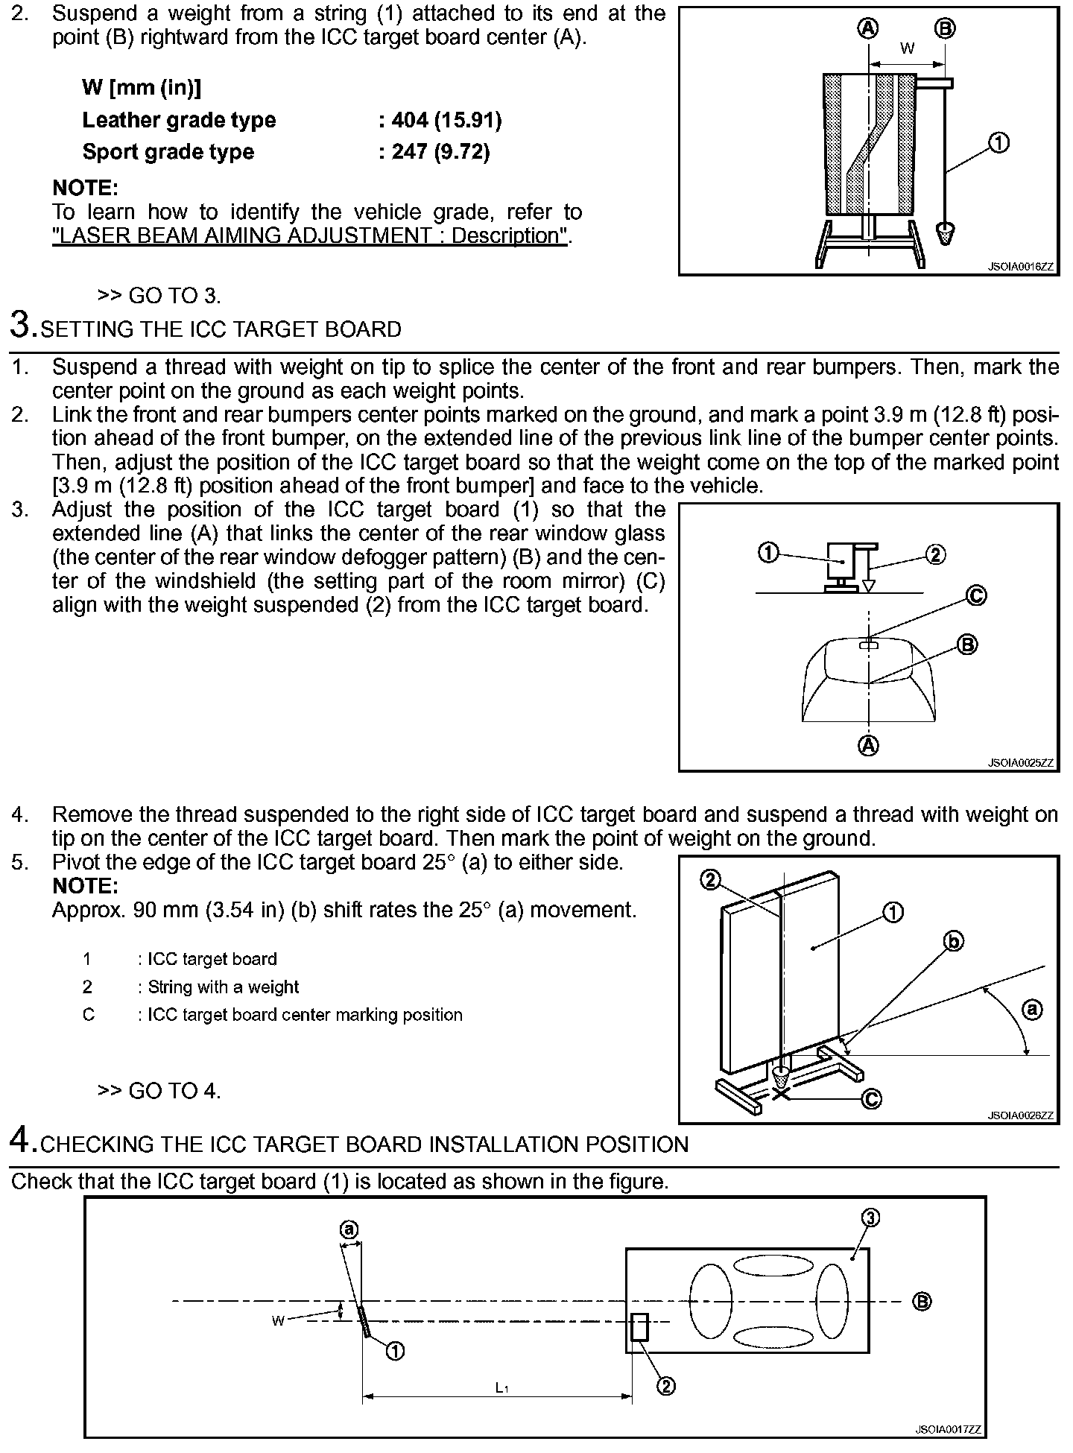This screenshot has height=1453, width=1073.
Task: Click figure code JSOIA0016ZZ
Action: [x=1021, y=266]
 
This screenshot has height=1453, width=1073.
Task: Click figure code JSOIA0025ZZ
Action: [x=1021, y=763]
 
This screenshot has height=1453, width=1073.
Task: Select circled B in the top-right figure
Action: [x=945, y=29]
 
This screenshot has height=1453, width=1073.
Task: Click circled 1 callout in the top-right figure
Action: [x=998, y=142]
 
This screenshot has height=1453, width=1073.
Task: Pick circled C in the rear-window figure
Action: [x=975, y=595]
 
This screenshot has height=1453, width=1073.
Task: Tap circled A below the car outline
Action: [x=869, y=744]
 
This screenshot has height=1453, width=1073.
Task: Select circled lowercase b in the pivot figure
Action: [x=954, y=942]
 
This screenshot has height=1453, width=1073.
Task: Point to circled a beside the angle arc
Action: [x=1032, y=1010]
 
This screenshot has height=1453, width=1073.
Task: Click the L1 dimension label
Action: [x=502, y=1388]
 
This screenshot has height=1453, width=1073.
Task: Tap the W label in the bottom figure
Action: [x=278, y=1320]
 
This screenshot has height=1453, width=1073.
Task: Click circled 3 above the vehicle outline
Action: [x=870, y=1218]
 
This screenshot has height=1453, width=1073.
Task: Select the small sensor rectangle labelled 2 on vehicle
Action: [x=639, y=1327]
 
